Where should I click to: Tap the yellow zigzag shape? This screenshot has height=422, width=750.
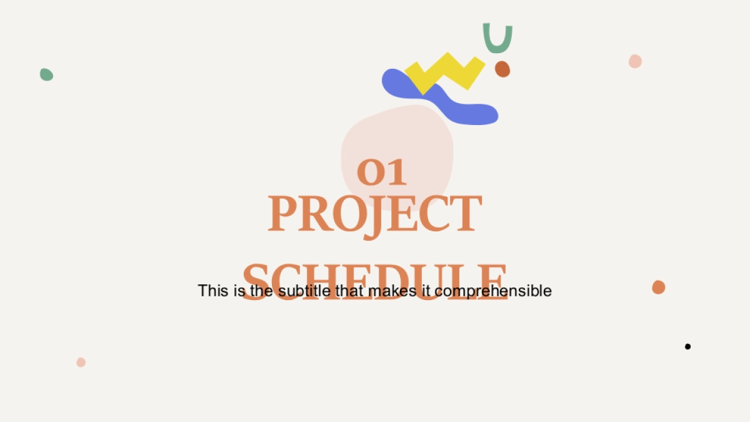click(x=445, y=72)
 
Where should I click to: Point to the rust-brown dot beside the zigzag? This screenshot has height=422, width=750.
click(x=502, y=69)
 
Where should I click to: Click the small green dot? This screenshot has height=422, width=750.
click(x=46, y=74)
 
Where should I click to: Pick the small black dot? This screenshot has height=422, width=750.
click(x=687, y=346)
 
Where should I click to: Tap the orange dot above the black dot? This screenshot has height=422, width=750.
click(x=658, y=288)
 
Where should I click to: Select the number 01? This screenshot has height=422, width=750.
click(x=382, y=172)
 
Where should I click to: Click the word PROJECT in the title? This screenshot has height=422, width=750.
click(x=375, y=214)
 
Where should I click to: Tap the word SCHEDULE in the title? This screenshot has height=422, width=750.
click(x=374, y=282)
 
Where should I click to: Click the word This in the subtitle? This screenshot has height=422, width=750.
click(x=213, y=290)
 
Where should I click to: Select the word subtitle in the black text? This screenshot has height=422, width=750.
click(x=304, y=290)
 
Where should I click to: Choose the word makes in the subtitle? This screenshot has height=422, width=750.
click(x=392, y=290)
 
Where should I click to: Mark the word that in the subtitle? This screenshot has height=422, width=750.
click(x=349, y=290)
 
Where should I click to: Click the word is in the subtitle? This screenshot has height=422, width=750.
click(x=239, y=290)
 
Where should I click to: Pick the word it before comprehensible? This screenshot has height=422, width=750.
click(x=426, y=290)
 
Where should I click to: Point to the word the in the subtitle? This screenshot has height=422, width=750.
click(x=261, y=290)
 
